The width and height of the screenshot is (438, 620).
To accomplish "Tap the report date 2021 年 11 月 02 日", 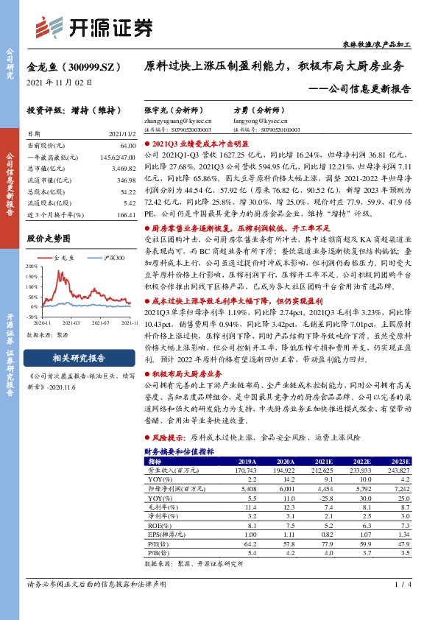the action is click(x=60, y=82).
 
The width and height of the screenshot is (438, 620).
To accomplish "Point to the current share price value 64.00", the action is click(x=127, y=147).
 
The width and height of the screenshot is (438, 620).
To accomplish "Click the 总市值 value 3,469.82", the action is click(x=124, y=169).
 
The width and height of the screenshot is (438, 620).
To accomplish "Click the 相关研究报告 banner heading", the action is click(x=79, y=359).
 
